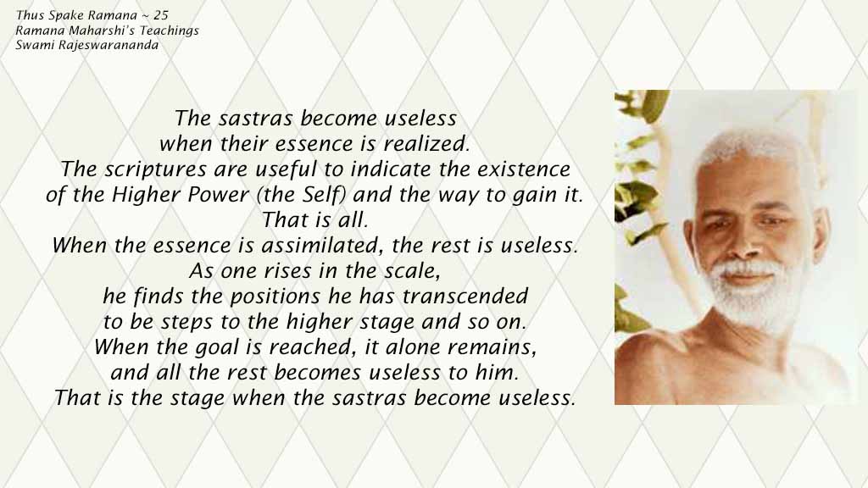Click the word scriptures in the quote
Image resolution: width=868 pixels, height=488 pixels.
pyautogui.click(x=156, y=169)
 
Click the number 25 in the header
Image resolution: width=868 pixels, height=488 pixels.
pyautogui.click(x=161, y=15)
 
